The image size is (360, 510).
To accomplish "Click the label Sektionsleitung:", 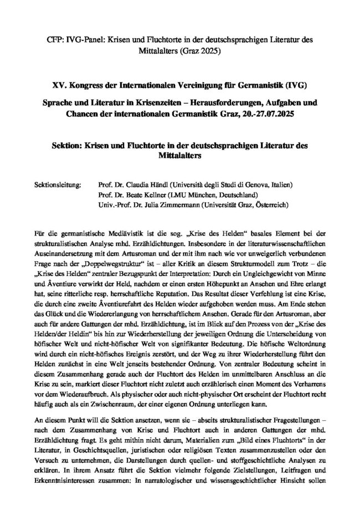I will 58,184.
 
